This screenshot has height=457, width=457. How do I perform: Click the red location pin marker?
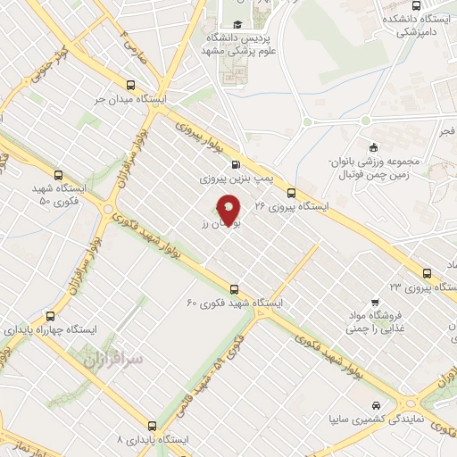[x=229, y=211]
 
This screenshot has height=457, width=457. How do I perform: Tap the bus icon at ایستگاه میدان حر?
[x=131, y=86]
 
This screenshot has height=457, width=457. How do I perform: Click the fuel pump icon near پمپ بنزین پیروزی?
[x=236, y=163]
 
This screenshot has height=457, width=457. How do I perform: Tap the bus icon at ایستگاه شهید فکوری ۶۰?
[x=234, y=288]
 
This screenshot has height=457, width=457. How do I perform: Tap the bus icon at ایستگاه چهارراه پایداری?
[x=50, y=315]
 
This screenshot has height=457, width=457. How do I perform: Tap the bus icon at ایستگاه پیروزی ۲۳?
[x=427, y=273]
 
